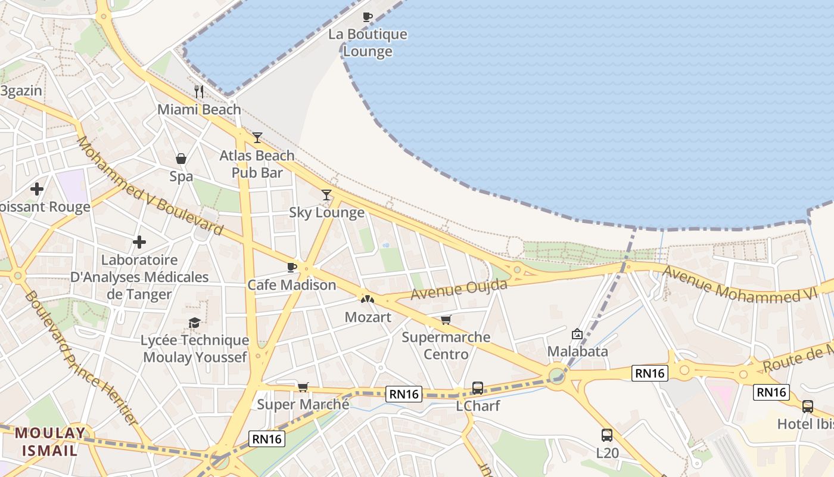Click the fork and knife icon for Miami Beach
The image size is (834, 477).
tap(199, 92)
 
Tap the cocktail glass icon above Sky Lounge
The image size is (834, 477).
tap(326, 194)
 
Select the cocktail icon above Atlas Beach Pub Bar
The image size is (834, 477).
tap(257, 138)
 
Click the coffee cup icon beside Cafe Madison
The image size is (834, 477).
tap(291, 267)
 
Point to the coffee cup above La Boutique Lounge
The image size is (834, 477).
tap(368, 17)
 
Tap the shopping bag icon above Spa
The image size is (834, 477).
tap(181, 159)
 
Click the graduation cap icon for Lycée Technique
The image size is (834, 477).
tap(194, 323)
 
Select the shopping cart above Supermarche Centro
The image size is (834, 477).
tap(446, 320)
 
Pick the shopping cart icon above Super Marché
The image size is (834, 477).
tap(303, 388)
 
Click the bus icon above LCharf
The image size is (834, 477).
tap(477, 388)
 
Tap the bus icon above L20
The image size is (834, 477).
tap(606, 435)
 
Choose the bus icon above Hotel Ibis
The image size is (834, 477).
tap(807, 407)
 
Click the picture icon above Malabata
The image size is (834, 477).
tap(577, 334)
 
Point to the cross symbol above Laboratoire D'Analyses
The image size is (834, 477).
tap(139, 242)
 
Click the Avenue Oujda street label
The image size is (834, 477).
tap(459, 290)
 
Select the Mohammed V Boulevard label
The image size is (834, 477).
tap(149, 186)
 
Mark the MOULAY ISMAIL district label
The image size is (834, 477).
tap(50, 442)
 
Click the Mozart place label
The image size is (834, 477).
tap(368, 317)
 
